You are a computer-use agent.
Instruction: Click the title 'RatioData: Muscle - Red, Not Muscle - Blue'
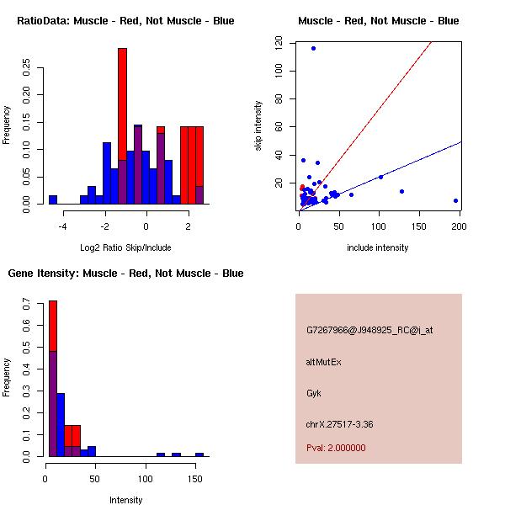pyautogui.click(x=125, y=20)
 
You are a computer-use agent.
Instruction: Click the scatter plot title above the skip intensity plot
pyautogui.click(x=379, y=20)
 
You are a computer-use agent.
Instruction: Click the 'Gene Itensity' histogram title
pyautogui.click(x=125, y=274)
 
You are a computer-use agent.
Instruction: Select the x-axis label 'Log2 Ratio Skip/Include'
pyautogui.click(x=125, y=247)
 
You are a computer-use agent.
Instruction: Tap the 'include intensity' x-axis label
pyautogui.click(x=379, y=247)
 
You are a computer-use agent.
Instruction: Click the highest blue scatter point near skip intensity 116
pyautogui.click(x=313, y=48)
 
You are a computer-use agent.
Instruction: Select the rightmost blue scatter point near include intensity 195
pyautogui.click(x=455, y=200)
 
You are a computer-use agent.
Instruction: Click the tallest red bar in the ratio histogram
pyautogui.click(x=122, y=101)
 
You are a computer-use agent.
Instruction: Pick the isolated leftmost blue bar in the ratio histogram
pyautogui.click(x=53, y=199)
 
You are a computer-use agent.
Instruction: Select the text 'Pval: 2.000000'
pyautogui.click(x=336, y=448)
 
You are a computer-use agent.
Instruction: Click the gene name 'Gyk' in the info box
pyautogui.click(x=314, y=393)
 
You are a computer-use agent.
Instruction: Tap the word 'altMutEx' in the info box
pyautogui.click(x=323, y=362)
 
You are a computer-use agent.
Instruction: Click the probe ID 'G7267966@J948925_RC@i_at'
pyautogui.click(x=369, y=331)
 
